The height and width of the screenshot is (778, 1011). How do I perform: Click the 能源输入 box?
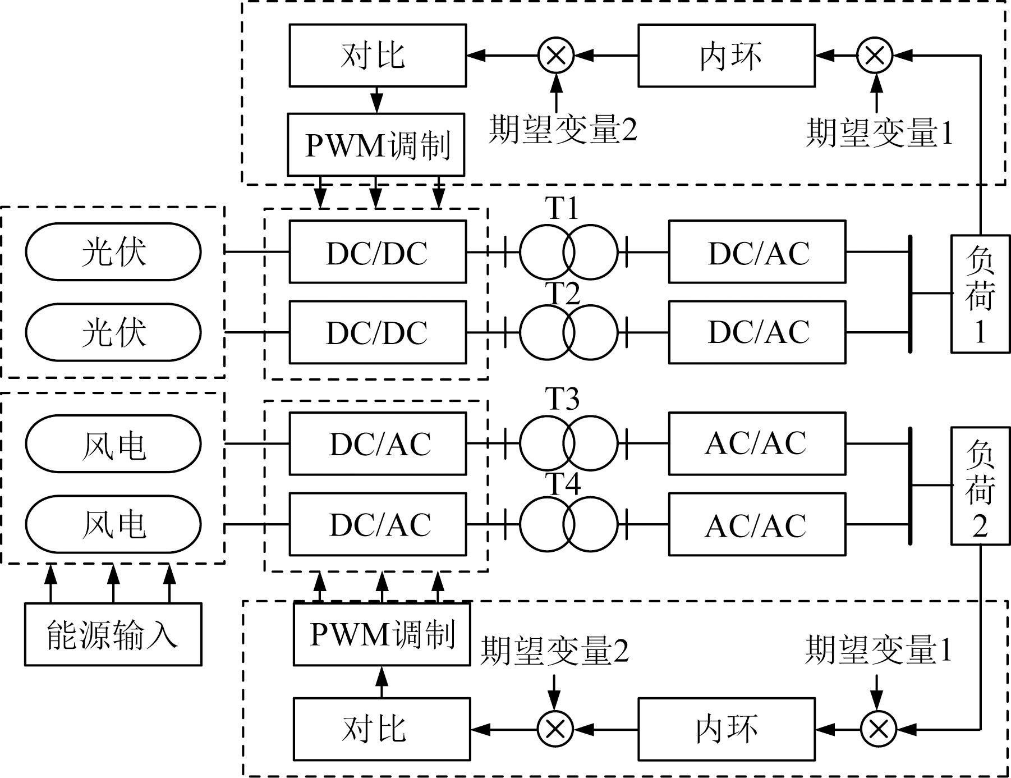click(113, 634)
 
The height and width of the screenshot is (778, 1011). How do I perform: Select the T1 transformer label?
click(562, 209)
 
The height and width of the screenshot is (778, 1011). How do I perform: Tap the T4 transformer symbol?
click(568, 524)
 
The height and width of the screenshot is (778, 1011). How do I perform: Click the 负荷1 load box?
click(980, 294)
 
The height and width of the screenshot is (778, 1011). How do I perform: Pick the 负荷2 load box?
click(980, 486)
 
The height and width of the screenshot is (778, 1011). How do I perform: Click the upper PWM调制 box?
click(376, 145)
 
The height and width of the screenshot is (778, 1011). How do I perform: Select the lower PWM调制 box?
click(382, 634)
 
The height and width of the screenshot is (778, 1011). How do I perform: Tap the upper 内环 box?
click(727, 56)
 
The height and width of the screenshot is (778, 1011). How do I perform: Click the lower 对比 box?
click(382, 729)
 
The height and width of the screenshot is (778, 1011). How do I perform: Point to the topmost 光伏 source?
click(113, 251)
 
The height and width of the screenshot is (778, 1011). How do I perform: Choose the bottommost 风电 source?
click(113, 524)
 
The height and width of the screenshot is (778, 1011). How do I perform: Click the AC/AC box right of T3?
click(757, 443)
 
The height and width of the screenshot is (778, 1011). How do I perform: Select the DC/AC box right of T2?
click(757, 332)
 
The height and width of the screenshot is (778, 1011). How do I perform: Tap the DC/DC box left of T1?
click(378, 251)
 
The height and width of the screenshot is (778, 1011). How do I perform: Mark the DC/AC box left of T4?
click(378, 524)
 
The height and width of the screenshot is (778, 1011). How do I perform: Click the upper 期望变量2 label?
click(563, 130)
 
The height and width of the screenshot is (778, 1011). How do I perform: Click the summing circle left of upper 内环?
click(556, 56)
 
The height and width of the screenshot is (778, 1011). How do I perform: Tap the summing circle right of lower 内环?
click(879, 729)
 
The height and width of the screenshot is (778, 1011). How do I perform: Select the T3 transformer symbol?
click(568, 443)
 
